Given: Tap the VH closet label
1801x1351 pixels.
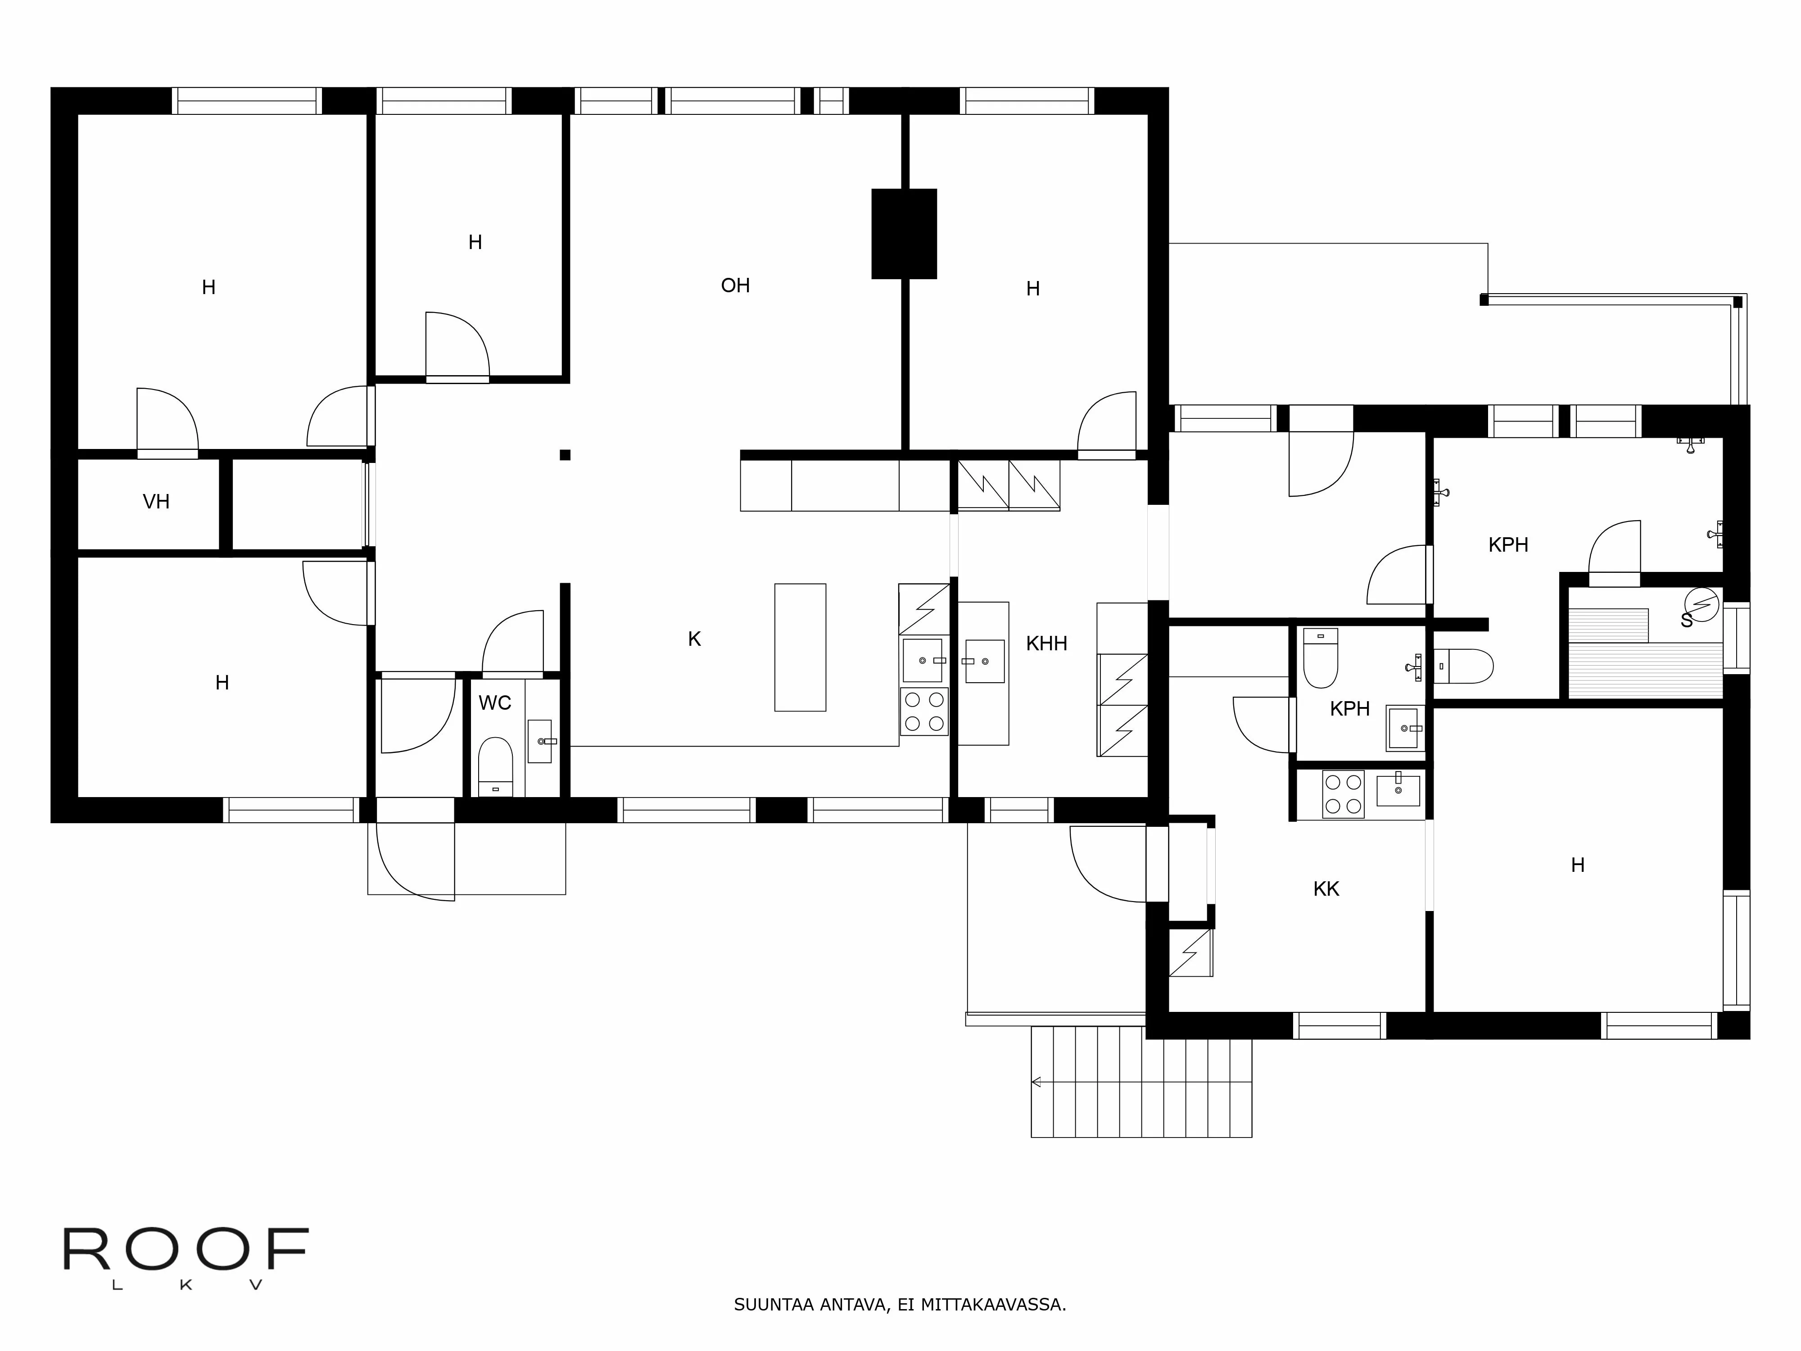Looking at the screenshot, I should (156, 502).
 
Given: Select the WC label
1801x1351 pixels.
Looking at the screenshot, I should (494, 703).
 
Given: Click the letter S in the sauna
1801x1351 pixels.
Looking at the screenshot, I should (1686, 621).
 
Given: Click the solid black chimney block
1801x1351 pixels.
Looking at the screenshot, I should (904, 234).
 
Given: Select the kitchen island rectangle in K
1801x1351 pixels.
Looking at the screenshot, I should (800, 648).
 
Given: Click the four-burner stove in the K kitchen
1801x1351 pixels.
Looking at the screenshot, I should (923, 712).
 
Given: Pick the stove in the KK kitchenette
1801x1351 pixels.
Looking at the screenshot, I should (1343, 794).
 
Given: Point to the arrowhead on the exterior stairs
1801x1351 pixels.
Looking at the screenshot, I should (1036, 1082).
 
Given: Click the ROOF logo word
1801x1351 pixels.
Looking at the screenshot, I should (186, 1250).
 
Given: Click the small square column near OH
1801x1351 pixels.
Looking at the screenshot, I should (565, 455).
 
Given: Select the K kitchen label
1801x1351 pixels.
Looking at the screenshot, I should (694, 640).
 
